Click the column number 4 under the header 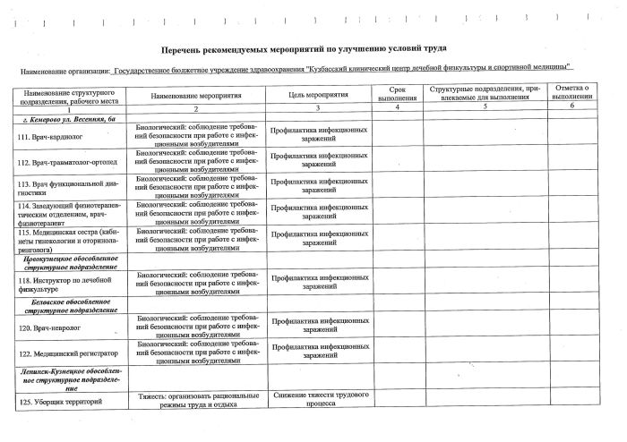tap(397, 107)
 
